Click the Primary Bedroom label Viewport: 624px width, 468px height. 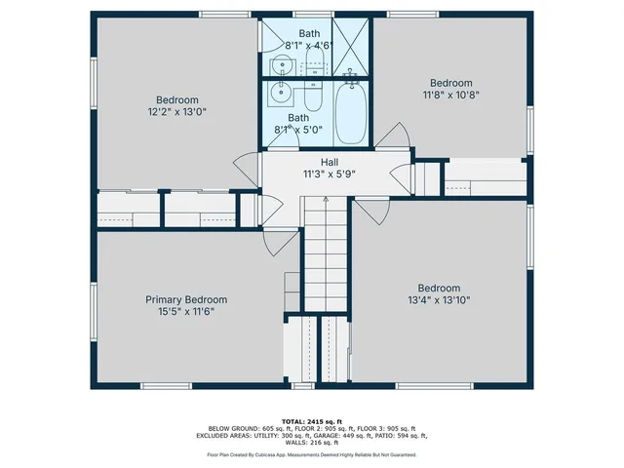[186, 299]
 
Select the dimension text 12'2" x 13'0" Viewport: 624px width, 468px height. [177, 112]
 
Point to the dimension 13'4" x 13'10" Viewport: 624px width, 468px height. [439, 300]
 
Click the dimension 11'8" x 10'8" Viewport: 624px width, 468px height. [451, 96]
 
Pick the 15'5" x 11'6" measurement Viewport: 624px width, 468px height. [186, 312]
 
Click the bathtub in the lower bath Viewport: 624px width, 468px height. [351, 115]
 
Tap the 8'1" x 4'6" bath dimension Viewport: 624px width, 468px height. [309, 45]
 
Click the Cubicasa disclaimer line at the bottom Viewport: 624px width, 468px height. [311, 454]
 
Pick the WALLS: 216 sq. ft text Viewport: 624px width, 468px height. [311, 442]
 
